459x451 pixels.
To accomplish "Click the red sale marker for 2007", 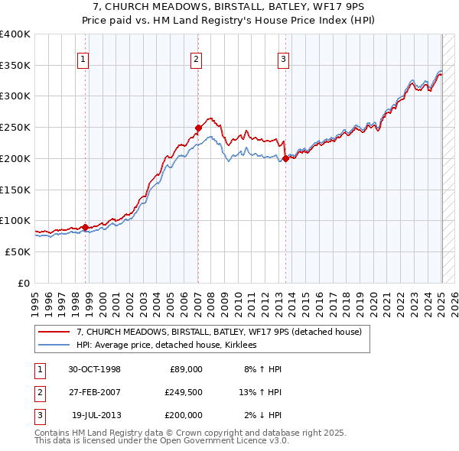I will click(x=198, y=128).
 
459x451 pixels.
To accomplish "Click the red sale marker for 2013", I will click(x=285, y=158).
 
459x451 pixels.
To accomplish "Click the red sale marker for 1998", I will click(x=85, y=227).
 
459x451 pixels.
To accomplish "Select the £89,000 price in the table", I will click(x=186, y=369).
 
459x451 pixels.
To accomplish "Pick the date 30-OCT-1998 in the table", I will click(x=94, y=369).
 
